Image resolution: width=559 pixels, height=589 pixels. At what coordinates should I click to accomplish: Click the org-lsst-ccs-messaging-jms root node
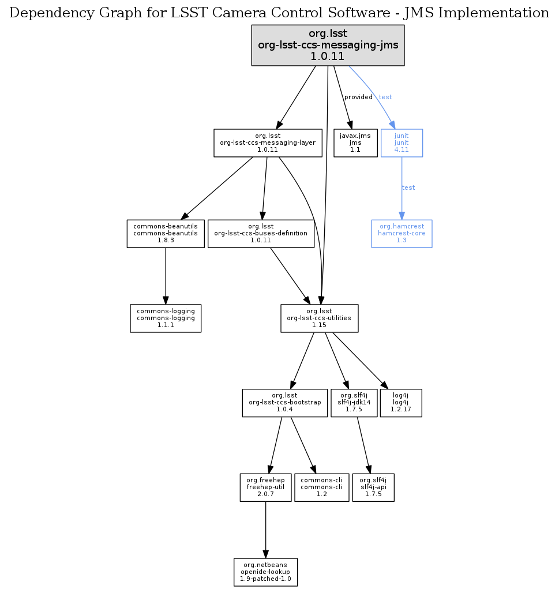click(x=328, y=44)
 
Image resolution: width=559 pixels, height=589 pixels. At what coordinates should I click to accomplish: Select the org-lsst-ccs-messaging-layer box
click(x=267, y=142)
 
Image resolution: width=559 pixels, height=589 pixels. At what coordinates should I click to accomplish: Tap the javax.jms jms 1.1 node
click(x=355, y=142)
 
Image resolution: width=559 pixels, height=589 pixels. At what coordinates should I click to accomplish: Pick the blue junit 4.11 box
click(x=402, y=142)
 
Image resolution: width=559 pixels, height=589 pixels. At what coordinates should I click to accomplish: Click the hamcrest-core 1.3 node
click(x=402, y=234)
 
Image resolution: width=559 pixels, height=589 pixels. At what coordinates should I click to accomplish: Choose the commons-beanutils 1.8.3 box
click(x=166, y=234)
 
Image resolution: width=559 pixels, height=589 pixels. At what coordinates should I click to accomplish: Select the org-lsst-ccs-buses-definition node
click(x=260, y=234)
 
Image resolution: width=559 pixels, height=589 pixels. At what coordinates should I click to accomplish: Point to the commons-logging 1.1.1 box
click(x=166, y=318)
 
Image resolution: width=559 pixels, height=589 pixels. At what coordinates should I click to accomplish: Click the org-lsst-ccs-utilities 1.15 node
click(x=320, y=318)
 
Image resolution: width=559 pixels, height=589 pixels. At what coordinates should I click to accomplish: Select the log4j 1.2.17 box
click(x=401, y=403)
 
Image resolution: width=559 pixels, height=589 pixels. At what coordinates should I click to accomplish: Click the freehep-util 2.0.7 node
click(x=265, y=487)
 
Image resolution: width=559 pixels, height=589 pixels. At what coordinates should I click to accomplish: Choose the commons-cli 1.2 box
click(x=322, y=487)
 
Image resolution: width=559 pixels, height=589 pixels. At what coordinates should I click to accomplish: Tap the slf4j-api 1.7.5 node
click(x=373, y=487)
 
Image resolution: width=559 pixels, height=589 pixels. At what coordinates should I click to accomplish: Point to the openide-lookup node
click(x=265, y=572)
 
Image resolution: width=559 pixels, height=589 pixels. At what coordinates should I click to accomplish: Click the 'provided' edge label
click(x=358, y=97)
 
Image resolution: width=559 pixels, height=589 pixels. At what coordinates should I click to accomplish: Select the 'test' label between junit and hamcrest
click(x=408, y=187)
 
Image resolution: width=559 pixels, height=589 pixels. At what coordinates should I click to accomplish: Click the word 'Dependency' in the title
click(x=44, y=13)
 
